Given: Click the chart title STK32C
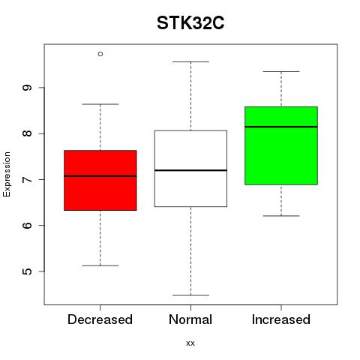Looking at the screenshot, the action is pos(190,23).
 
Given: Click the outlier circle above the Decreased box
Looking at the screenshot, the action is pos(100,54).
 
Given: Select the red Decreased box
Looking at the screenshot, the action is pos(100,180).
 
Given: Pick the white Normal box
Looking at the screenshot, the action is pos(190,169).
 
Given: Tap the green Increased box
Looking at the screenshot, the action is pos(281,145).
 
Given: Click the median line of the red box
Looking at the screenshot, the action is pos(100,176).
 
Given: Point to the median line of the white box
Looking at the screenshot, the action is pos(190,170).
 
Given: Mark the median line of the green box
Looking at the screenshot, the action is pos(281,127).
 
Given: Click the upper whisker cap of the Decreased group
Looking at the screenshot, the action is pos(100,104).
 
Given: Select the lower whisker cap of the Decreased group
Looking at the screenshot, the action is pos(100,265).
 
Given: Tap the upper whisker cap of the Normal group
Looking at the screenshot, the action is pos(190,61).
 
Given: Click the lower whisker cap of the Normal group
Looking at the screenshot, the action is pos(190,295).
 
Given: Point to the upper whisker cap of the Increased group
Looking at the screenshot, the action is pos(281,71).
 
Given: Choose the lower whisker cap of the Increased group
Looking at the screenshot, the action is pos(281,216).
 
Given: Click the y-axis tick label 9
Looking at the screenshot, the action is pos(27,88).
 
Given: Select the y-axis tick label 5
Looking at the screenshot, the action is pos(27,271).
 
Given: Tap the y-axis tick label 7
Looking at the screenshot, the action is pos(27,179).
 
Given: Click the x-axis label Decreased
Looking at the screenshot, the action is pos(100,319).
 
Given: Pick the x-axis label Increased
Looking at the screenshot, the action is pos(281,319).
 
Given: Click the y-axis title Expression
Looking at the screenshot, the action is pos(7,174).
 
